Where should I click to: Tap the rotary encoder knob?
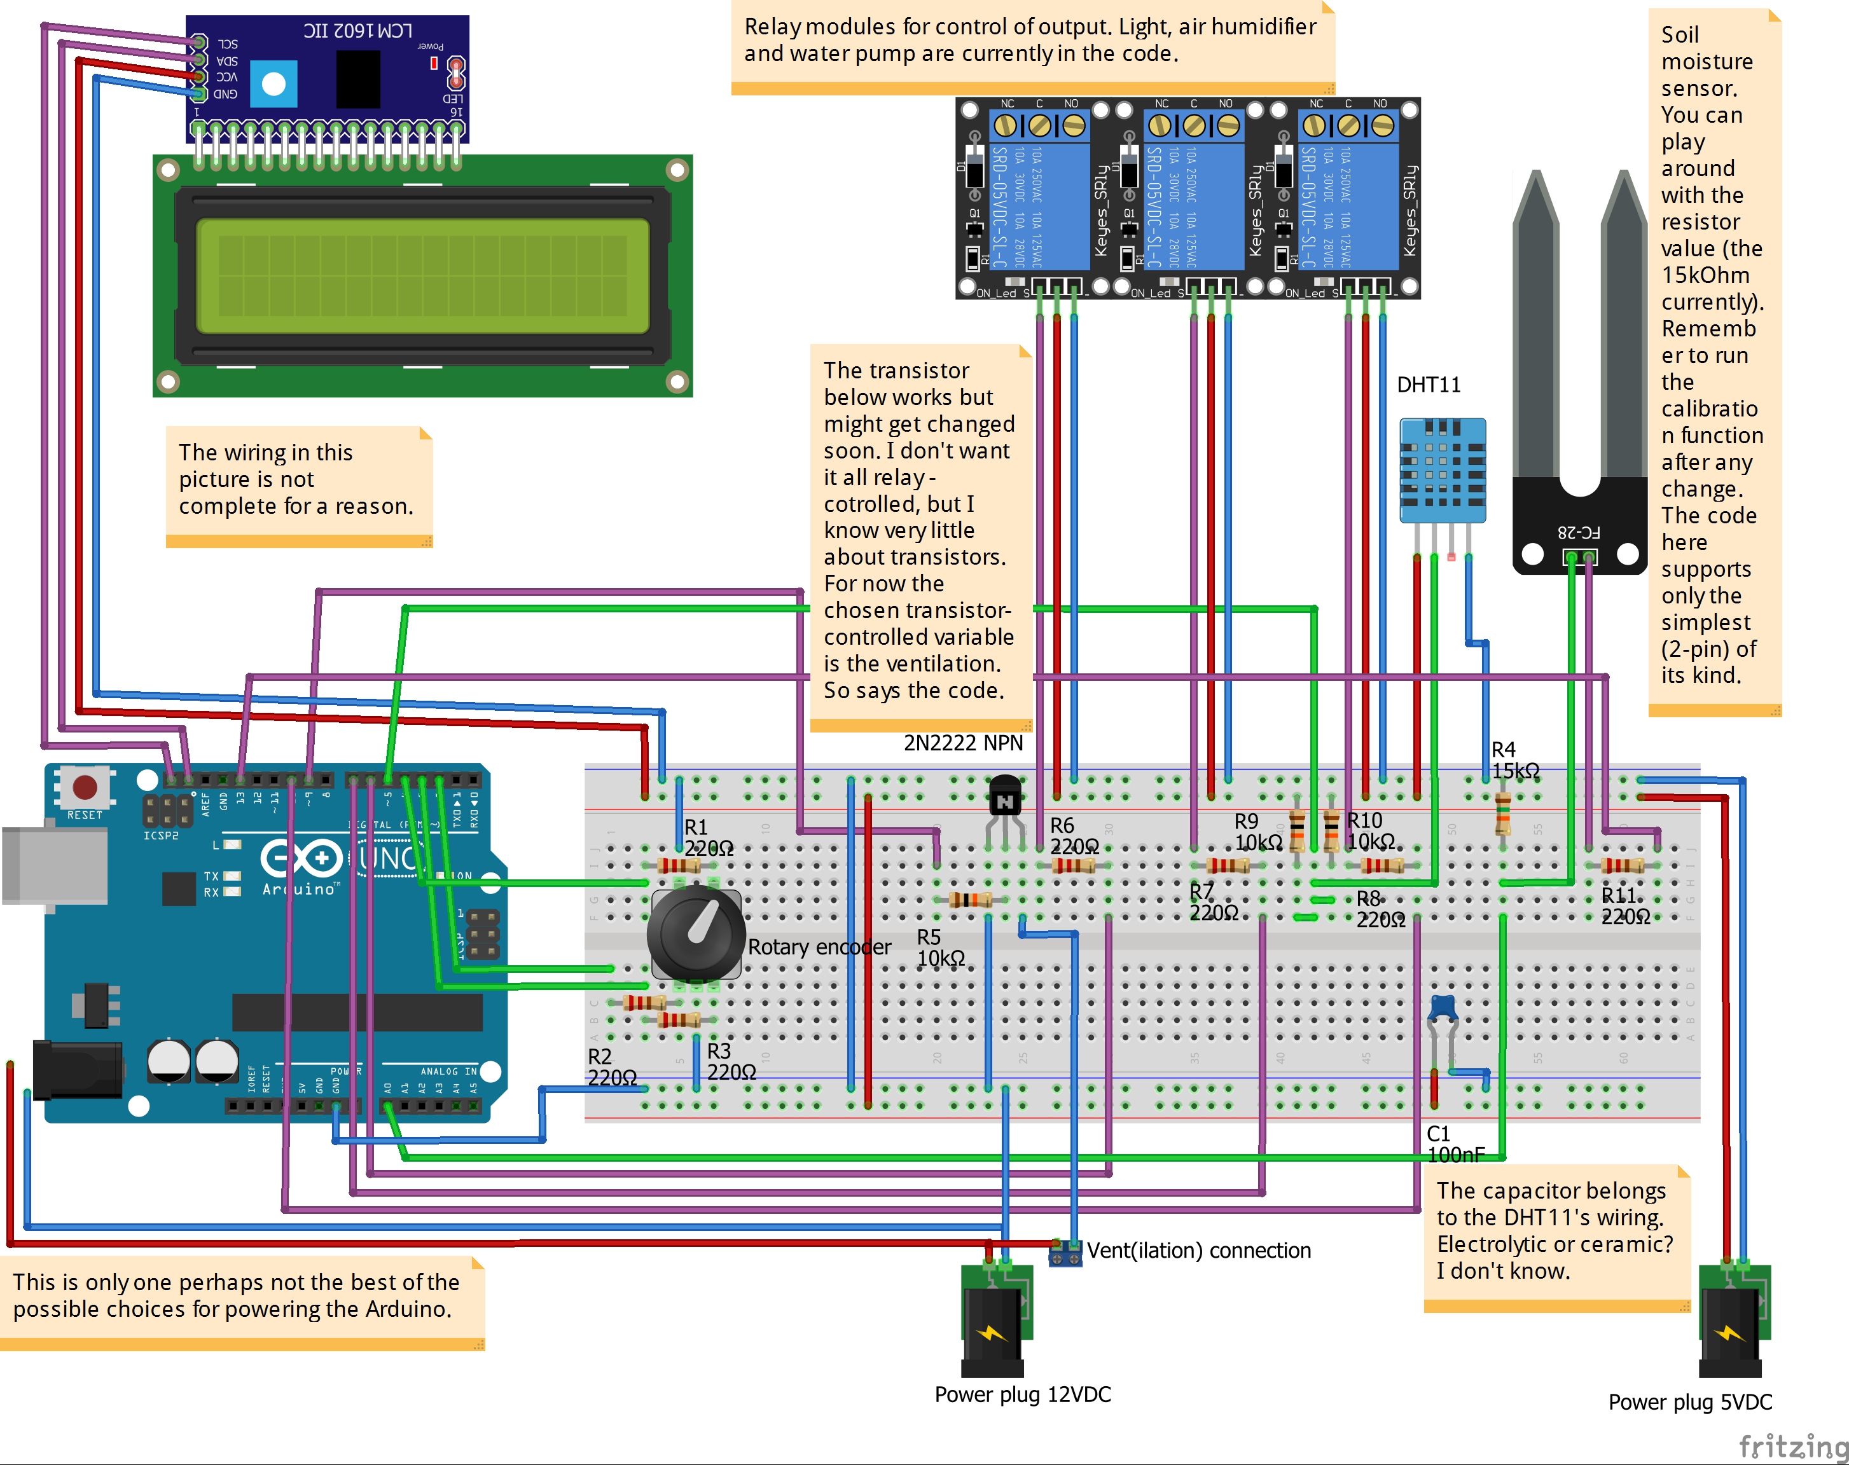[x=696, y=933]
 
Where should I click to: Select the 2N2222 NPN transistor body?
[x=1004, y=797]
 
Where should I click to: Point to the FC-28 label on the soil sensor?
[x=1579, y=532]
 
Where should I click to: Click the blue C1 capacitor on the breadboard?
[x=1443, y=1008]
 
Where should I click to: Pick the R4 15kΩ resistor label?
[x=1514, y=760]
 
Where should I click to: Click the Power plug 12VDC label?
[x=1022, y=1394]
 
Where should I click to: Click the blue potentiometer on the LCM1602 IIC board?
[x=274, y=84]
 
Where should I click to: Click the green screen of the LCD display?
[x=422, y=276]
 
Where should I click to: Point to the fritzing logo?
[x=1792, y=1446]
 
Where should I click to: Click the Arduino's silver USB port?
[x=54, y=866]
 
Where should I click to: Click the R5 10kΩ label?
[x=941, y=948]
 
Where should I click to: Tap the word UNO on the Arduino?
[x=390, y=857]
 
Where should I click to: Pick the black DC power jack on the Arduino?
[x=77, y=1069]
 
